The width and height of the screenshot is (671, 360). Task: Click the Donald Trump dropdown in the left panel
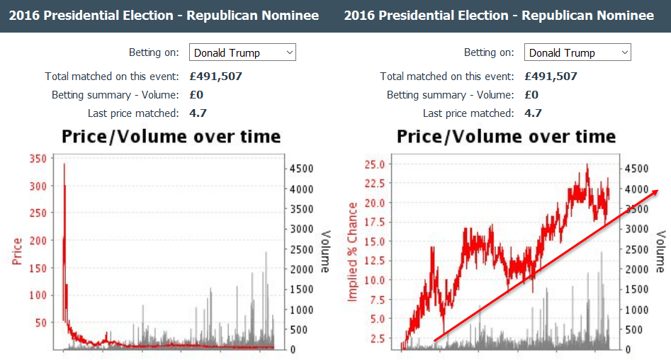coord(242,52)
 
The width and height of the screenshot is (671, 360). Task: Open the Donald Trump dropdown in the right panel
coord(577,52)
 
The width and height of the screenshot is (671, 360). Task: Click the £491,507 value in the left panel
coord(215,77)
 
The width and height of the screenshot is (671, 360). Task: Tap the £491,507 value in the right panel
coord(551,77)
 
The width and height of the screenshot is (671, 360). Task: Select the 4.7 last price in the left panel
coord(198,113)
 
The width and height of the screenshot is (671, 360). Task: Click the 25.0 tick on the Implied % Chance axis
coord(374,164)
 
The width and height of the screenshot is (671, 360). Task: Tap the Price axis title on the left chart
coord(18,251)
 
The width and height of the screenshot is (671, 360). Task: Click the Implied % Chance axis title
coord(352,251)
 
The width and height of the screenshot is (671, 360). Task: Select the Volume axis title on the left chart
coord(325,251)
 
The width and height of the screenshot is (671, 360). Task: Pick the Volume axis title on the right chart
coord(660,251)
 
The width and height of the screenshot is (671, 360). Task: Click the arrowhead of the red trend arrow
coord(656,192)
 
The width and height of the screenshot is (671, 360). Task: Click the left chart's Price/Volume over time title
coord(171,137)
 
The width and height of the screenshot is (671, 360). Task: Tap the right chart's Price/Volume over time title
coord(507,137)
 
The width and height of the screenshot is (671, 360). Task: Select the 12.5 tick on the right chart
coord(374,261)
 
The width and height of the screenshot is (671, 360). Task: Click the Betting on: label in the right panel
coord(489,52)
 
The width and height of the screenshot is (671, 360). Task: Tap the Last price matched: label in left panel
coord(132,113)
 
